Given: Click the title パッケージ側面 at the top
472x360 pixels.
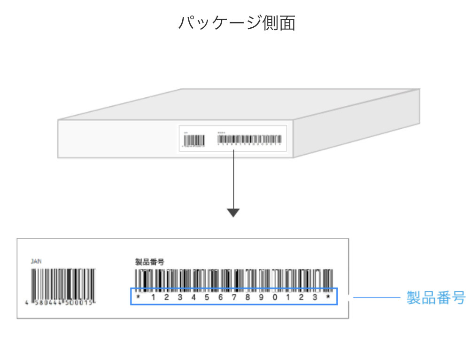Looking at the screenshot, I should (236, 23).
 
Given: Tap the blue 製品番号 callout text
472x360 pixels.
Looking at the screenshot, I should (435, 297).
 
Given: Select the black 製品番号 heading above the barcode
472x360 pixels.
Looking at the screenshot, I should (149, 262).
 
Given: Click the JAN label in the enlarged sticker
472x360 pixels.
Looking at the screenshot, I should (36, 261).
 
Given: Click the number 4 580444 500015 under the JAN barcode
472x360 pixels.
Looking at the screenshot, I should (61, 302).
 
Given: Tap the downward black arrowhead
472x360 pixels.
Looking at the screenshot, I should (233, 213).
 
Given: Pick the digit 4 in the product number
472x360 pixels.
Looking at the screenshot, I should (193, 297).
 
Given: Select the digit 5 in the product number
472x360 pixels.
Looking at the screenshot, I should (207, 297).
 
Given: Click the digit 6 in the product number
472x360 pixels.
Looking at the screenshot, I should (220, 297).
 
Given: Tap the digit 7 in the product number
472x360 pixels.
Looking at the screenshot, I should (234, 297).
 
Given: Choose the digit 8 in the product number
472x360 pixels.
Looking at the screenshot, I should (248, 297).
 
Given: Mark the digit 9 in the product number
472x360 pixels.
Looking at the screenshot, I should (261, 297).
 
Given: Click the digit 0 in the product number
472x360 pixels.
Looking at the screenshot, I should (275, 297).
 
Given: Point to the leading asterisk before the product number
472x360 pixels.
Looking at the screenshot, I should (139, 297).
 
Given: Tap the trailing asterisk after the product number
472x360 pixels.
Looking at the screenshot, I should (329, 297).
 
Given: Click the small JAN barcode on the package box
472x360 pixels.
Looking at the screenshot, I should (194, 140).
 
